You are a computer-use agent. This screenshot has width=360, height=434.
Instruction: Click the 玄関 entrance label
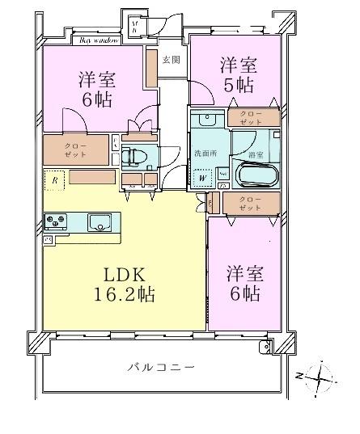click(x=171, y=60)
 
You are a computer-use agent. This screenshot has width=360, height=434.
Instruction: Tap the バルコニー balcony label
click(x=161, y=368)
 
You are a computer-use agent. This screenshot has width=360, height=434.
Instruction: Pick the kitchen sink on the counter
click(x=101, y=221)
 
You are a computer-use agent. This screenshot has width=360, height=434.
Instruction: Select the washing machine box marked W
click(x=201, y=177)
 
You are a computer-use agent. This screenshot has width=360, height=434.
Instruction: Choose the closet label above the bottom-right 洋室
click(x=250, y=203)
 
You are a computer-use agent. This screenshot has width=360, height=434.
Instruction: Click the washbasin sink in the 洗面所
click(x=208, y=121)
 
